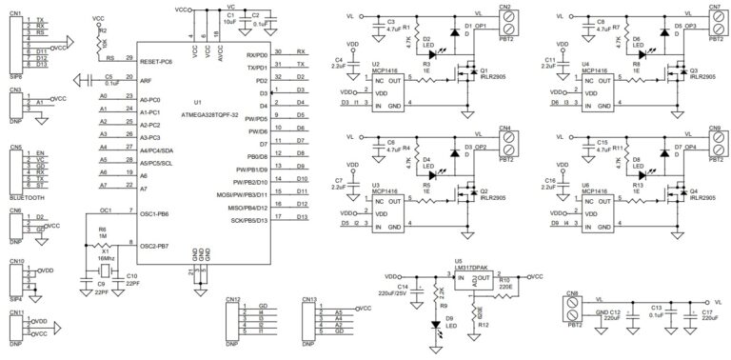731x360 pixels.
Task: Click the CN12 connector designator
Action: coord(233,299)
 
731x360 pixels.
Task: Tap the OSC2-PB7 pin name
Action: coord(157,246)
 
